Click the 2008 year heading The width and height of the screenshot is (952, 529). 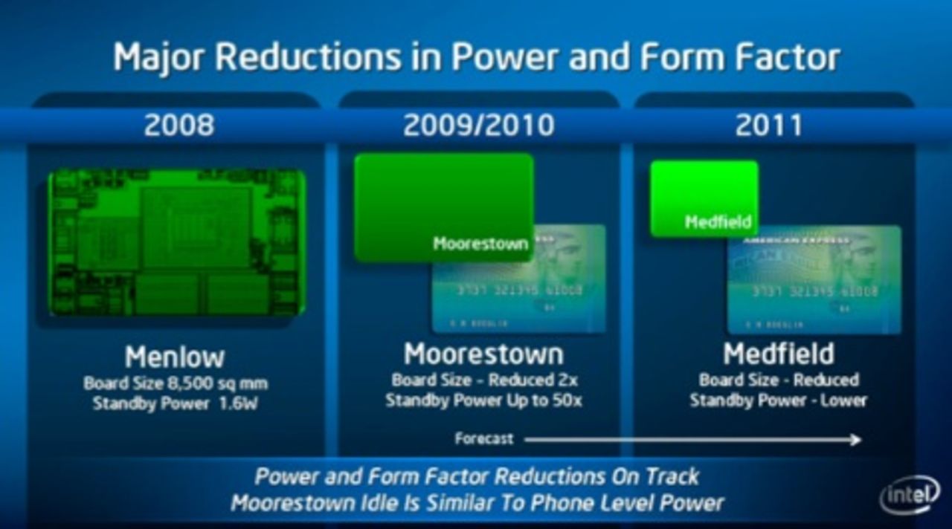click(178, 125)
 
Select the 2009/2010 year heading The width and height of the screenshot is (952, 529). click(478, 125)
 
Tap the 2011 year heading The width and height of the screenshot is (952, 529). click(768, 125)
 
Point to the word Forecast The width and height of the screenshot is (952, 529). click(483, 439)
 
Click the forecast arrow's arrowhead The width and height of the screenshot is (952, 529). click(855, 440)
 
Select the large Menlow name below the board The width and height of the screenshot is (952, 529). click(175, 357)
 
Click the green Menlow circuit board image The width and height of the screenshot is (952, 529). click(177, 241)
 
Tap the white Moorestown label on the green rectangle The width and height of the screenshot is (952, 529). click(480, 244)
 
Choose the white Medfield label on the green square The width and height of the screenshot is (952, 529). click(718, 221)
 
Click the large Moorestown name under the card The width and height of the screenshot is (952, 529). click(483, 354)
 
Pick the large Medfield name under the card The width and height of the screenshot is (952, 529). click(779, 354)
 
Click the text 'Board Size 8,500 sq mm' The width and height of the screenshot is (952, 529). click(176, 384)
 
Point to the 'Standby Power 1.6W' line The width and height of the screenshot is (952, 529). click(176, 404)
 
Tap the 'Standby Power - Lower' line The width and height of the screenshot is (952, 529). click(778, 400)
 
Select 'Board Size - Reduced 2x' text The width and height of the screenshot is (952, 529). click(484, 380)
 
